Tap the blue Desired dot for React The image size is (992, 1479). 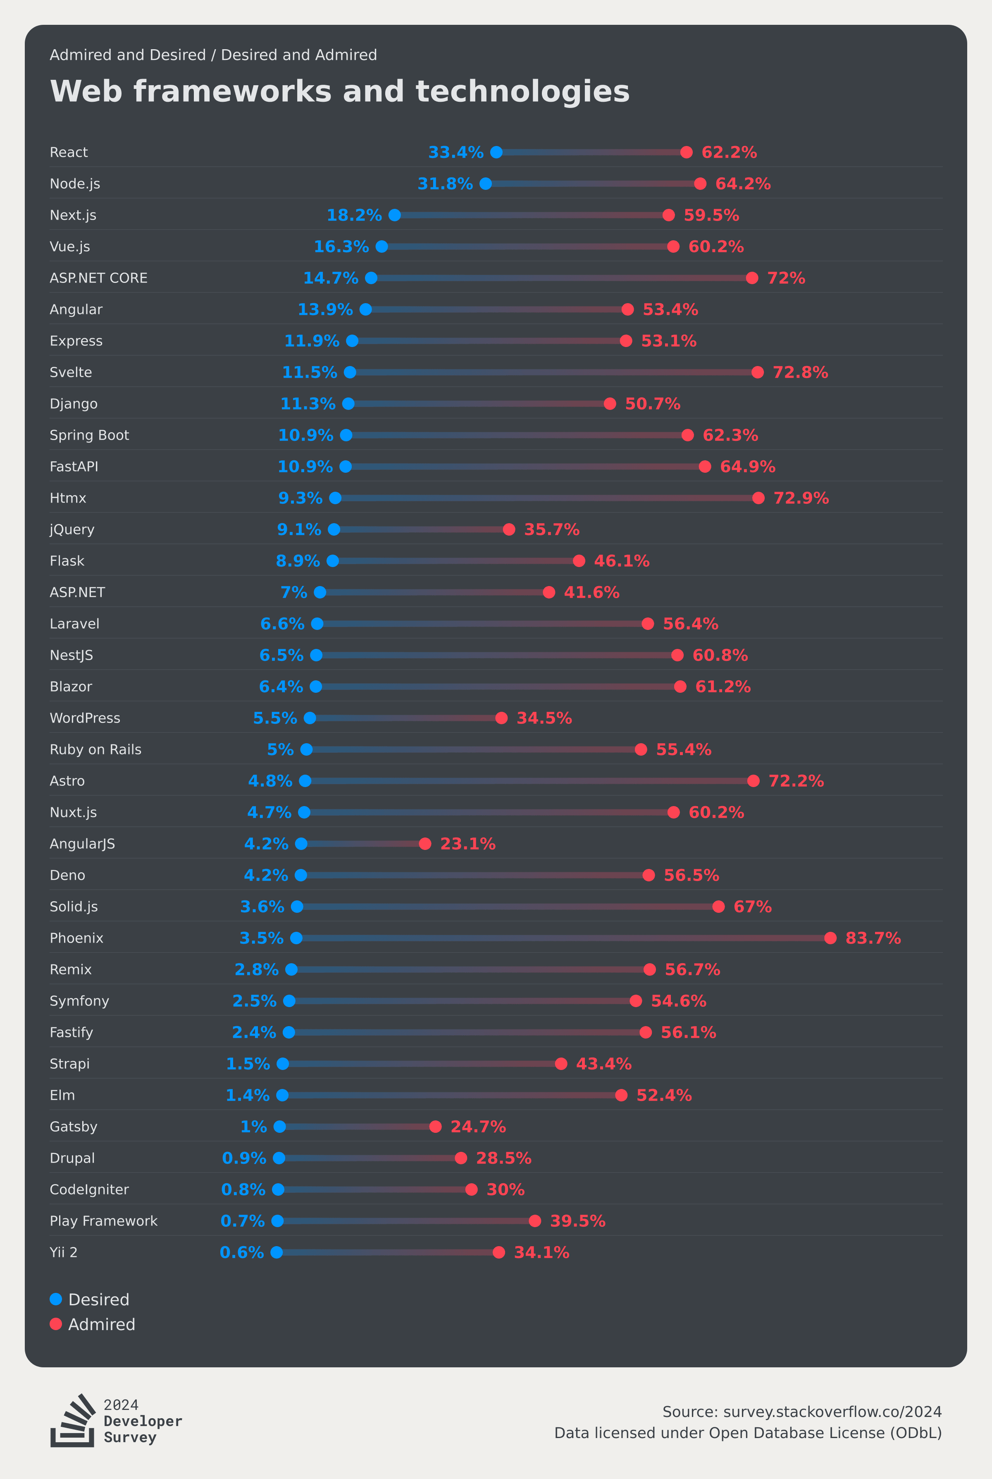[497, 152]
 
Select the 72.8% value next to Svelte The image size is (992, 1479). [800, 372]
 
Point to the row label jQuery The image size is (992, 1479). [72, 530]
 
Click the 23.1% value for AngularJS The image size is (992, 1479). [467, 844]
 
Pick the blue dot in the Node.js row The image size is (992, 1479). [486, 184]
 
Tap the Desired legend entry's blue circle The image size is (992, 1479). [56, 1299]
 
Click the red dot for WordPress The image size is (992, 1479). [501, 718]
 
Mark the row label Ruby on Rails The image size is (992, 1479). [95, 749]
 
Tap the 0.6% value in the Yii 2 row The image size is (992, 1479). [242, 1252]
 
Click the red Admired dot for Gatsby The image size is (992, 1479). [435, 1127]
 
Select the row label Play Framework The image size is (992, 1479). [104, 1221]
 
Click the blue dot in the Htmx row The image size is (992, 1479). [335, 498]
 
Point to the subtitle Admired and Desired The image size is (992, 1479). [128, 55]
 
